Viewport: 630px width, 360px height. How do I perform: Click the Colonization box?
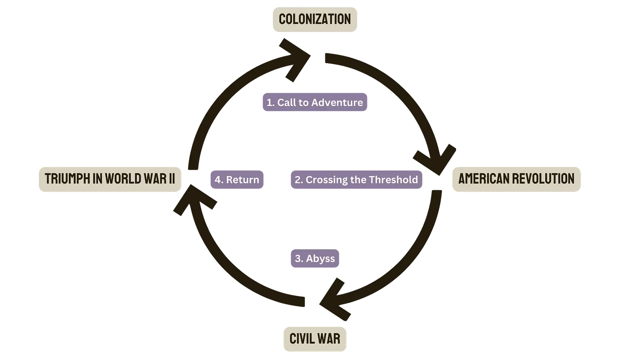(315, 19)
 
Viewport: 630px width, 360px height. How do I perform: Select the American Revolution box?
(516, 178)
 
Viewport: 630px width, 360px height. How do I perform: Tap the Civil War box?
(315, 338)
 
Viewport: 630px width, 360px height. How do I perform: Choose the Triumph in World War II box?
(110, 178)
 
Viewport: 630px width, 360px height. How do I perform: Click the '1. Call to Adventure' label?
(315, 103)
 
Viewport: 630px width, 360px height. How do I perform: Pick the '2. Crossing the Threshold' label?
(356, 180)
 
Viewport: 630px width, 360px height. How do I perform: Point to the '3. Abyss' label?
(315, 259)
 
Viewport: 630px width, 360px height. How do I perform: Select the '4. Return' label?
(237, 180)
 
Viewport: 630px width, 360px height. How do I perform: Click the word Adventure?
(337, 103)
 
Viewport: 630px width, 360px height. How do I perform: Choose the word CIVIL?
(302, 338)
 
